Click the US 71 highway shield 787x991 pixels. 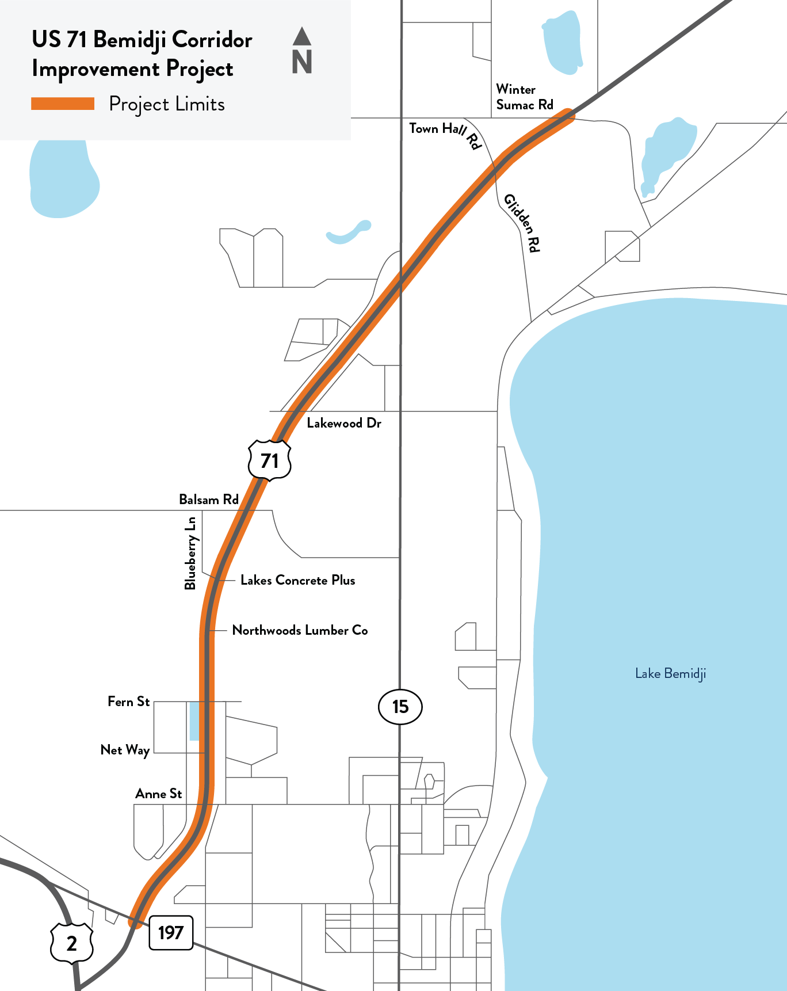(x=269, y=460)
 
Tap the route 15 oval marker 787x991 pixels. (x=400, y=706)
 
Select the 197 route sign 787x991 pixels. (x=171, y=932)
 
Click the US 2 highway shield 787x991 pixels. (x=71, y=943)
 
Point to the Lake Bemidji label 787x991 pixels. (x=670, y=673)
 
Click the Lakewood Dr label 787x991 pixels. (x=343, y=423)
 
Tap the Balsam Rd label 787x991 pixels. (x=208, y=500)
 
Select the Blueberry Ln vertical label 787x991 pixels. (x=190, y=553)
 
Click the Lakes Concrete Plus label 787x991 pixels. (x=297, y=580)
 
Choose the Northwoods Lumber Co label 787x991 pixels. (x=300, y=630)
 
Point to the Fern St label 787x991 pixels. (x=128, y=702)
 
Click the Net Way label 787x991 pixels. (x=125, y=750)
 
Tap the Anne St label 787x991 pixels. (x=158, y=794)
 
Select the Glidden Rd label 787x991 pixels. (x=522, y=223)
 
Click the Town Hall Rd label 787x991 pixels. (x=444, y=134)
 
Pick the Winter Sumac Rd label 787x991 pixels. (x=524, y=97)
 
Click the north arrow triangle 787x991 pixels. (x=301, y=36)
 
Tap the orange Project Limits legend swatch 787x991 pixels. (x=63, y=104)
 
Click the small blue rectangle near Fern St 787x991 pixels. (x=194, y=721)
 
